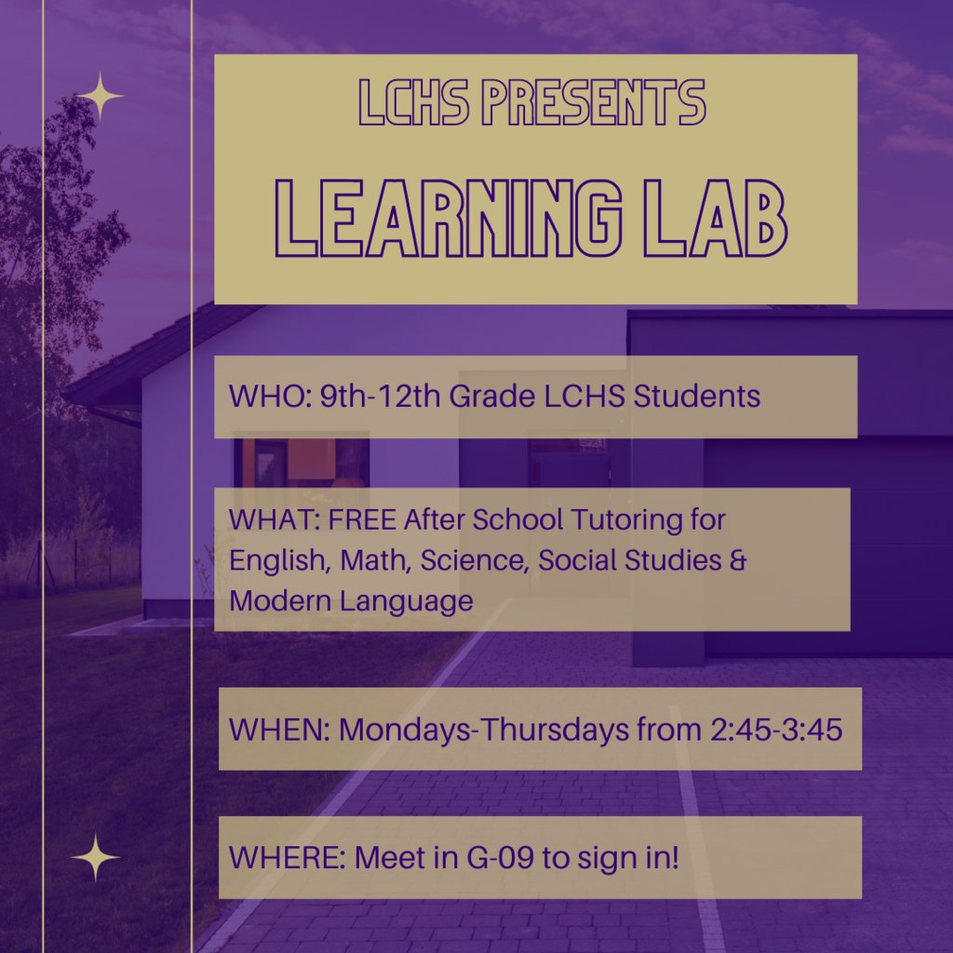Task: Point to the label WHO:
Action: (269, 396)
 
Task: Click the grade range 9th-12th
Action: (380, 396)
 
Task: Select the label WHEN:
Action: (278, 729)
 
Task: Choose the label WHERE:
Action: (287, 857)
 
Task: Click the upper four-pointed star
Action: (100, 96)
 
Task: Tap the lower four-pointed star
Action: (96, 857)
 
